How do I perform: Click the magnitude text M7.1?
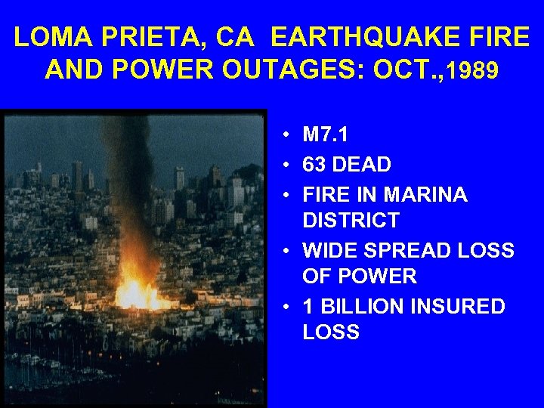(x=326, y=135)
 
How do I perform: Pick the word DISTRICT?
(x=351, y=221)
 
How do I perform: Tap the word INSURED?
(x=462, y=307)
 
